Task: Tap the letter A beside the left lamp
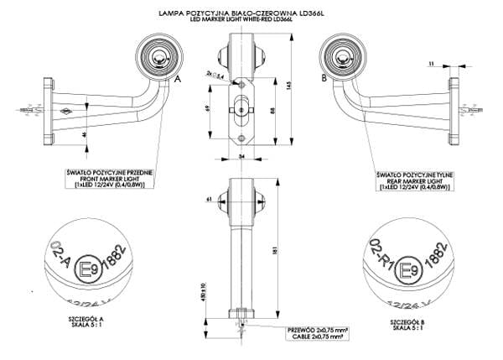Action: (178, 76)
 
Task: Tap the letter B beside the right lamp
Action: (323, 76)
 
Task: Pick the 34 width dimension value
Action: (241, 156)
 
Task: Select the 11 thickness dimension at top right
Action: (454, 63)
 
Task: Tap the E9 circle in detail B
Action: (407, 269)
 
